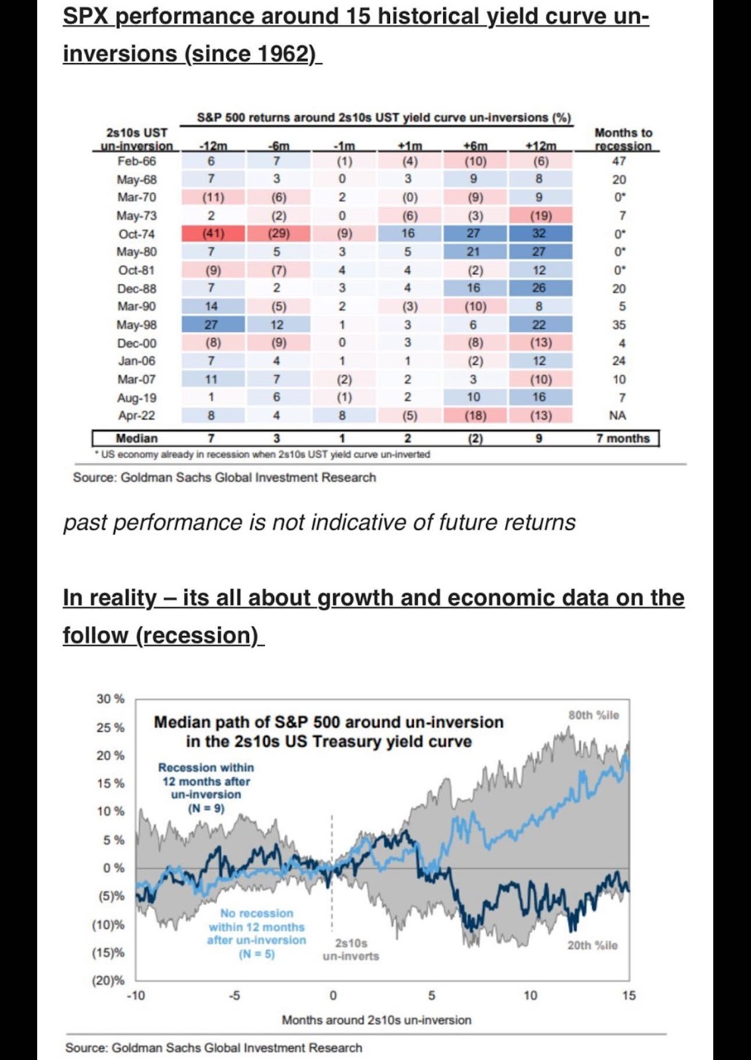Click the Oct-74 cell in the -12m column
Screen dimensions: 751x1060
[213, 234]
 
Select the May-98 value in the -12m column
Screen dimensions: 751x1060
[211, 325]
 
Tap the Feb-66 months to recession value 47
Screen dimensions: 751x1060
[619, 162]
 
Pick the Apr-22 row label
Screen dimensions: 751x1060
[136, 415]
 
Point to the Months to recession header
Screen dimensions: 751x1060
[623, 139]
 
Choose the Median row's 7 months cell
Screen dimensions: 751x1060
[623, 438]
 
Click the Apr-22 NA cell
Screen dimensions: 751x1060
[618, 415]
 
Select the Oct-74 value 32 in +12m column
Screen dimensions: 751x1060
[539, 233]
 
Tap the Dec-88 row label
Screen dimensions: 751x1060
[136, 288]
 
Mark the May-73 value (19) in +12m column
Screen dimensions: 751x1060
[540, 216]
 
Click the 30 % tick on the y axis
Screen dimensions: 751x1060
[111, 698]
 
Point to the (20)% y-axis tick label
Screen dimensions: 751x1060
[109, 980]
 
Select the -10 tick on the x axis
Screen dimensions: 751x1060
[136, 996]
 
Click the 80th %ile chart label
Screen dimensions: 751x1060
[593, 715]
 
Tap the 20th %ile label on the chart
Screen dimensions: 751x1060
[593, 945]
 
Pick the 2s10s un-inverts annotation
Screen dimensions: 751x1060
[351, 950]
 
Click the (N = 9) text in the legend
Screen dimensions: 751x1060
[206, 809]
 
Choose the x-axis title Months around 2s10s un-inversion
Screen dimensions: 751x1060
[376, 1020]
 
